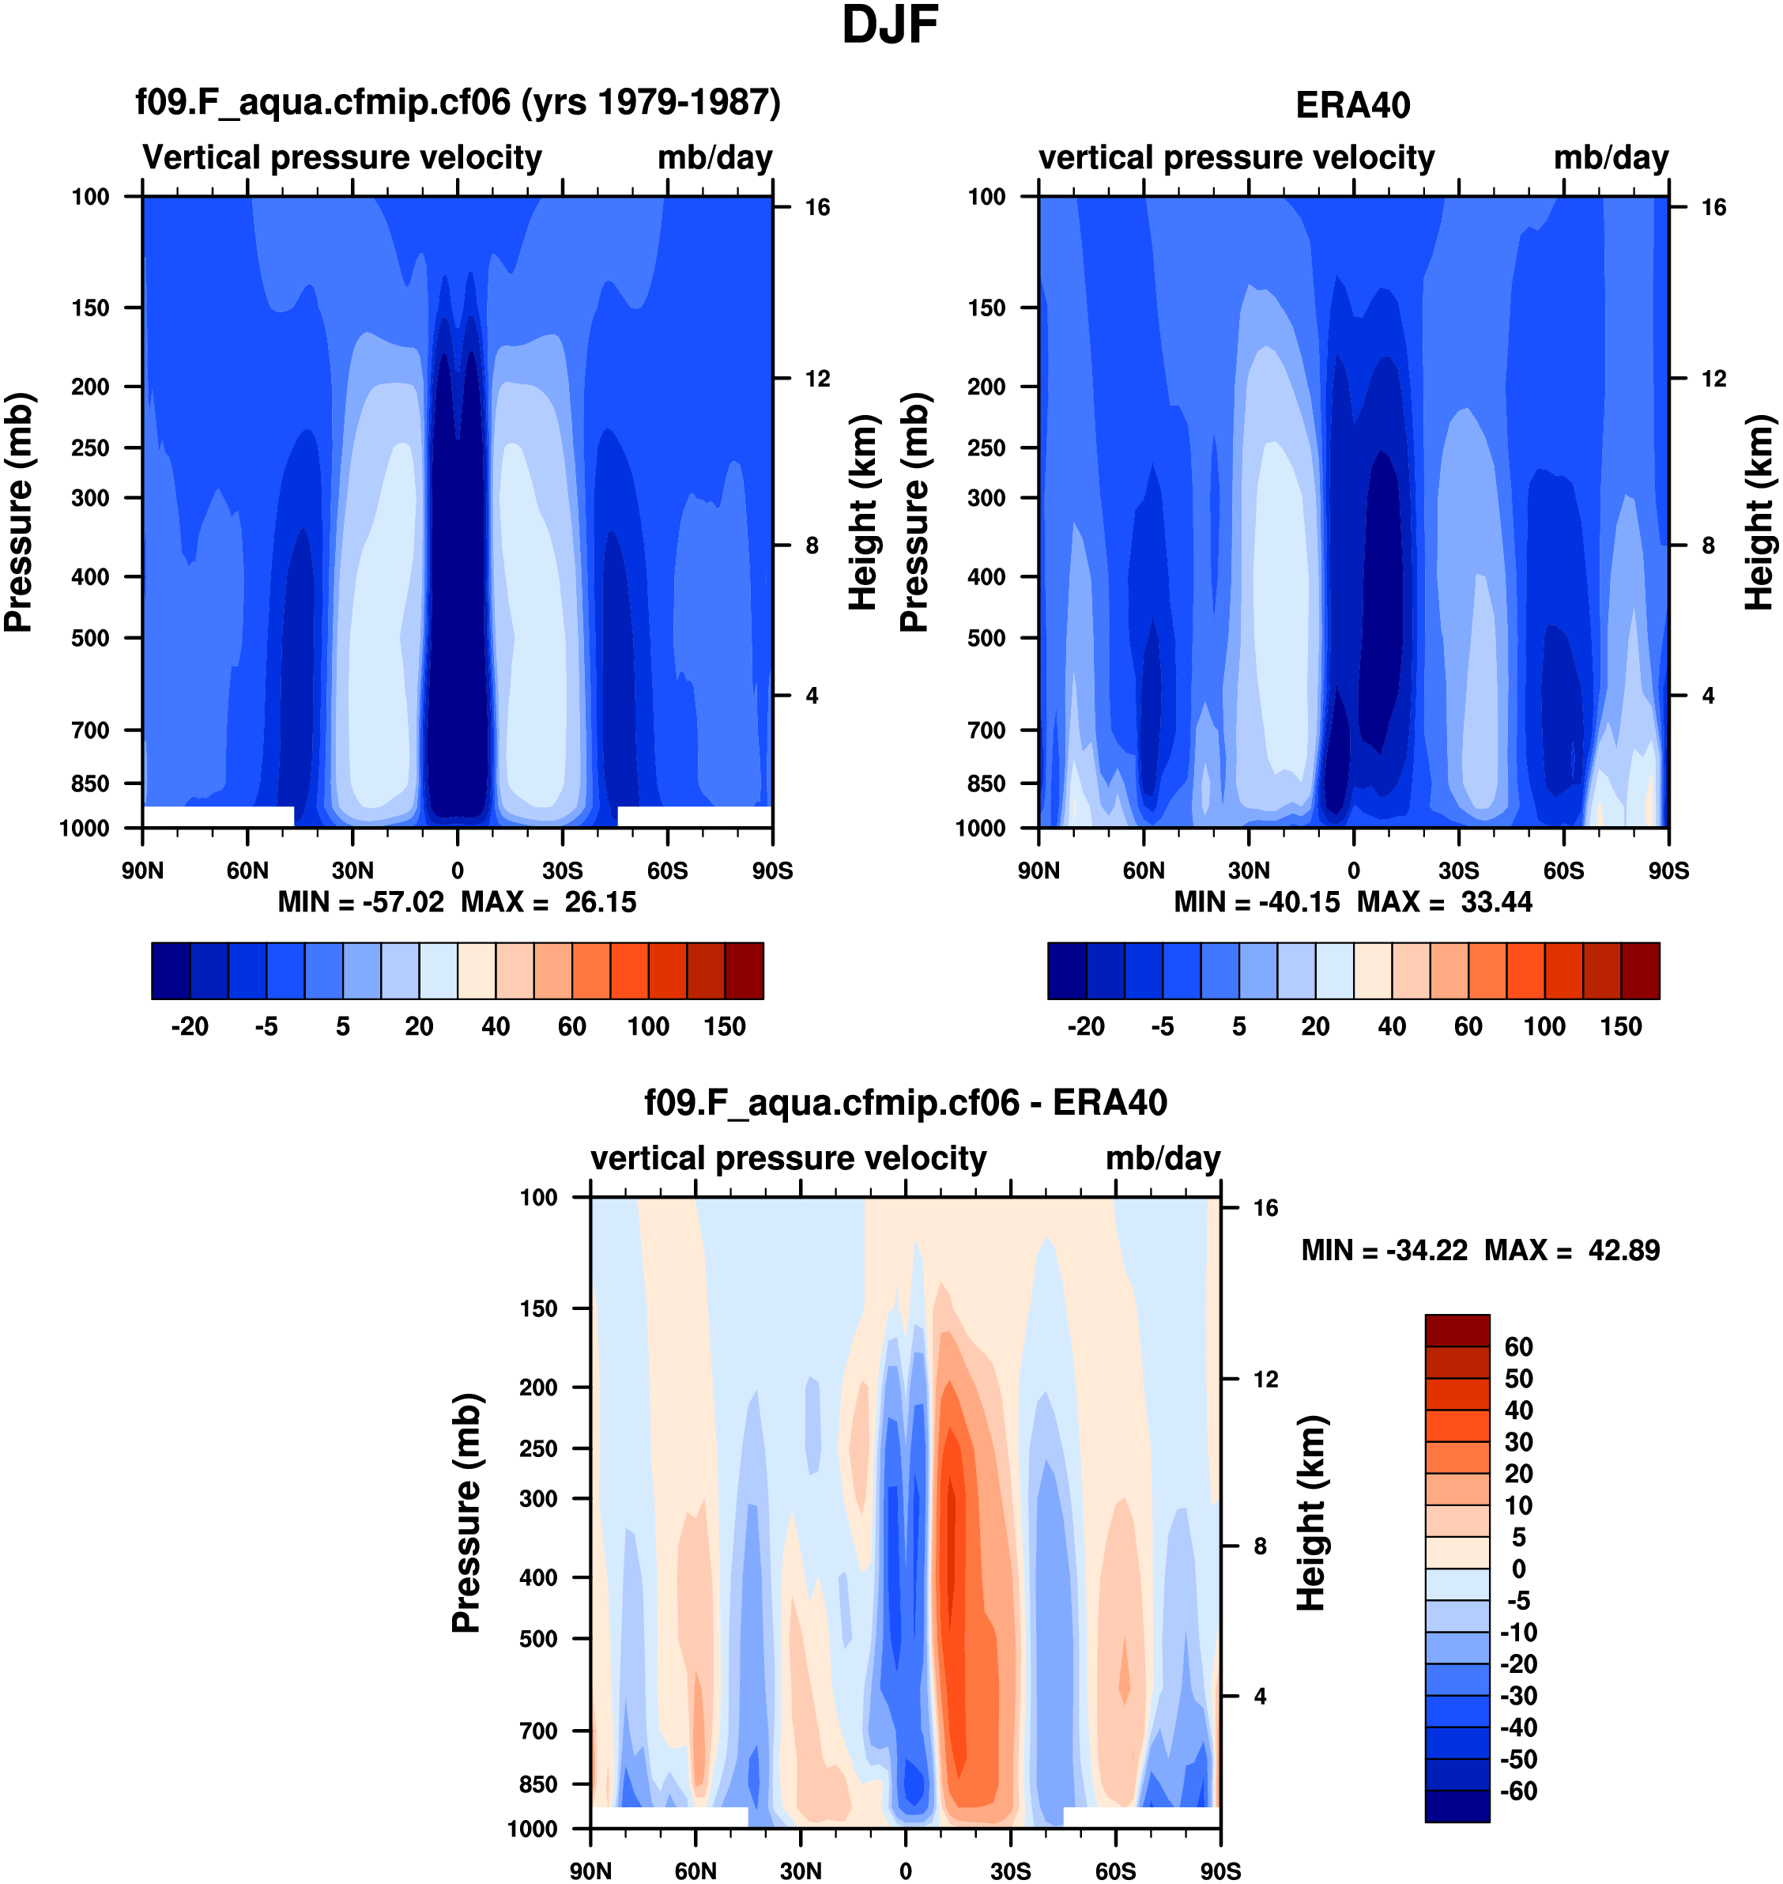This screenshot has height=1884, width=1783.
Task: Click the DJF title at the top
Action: [x=890, y=25]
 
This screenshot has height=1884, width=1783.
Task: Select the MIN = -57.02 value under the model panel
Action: [x=360, y=901]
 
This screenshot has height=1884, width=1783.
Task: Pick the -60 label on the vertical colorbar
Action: [x=1517, y=1790]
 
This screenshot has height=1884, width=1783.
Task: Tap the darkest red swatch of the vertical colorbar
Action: [x=1457, y=1330]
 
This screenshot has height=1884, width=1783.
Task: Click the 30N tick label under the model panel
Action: [x=352, y=870]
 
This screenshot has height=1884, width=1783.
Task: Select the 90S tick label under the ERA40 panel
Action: [x=1669, y=870]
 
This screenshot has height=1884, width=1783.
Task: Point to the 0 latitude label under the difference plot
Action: [x=905, y=1871]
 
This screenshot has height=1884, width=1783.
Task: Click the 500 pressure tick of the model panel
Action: [x=90, y=638]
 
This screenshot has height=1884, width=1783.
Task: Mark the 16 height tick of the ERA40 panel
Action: [x=1713, y=207]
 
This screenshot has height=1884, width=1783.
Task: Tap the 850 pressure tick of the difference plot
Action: [x=538, y=1784]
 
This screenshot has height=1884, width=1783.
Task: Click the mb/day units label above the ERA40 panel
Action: [x=1611, y=158]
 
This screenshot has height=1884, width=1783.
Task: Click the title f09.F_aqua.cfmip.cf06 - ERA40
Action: [x=905, y=1103]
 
